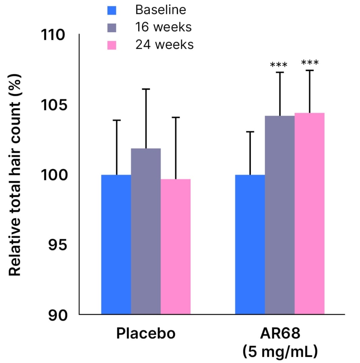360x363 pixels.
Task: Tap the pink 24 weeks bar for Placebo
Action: (x=175, y=247)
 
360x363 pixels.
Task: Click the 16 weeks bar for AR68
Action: (x=280, y=215)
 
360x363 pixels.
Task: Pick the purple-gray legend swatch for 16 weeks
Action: (x=111, y=28)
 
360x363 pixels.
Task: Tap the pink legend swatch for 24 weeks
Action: (x=111, y=45)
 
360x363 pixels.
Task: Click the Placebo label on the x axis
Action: (x=146, y=333)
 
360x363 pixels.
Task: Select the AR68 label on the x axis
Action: (x=280, y=333)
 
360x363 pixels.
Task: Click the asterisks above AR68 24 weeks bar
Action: (x=310, y=63)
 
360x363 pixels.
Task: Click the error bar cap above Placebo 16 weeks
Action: (x=146, y=89)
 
